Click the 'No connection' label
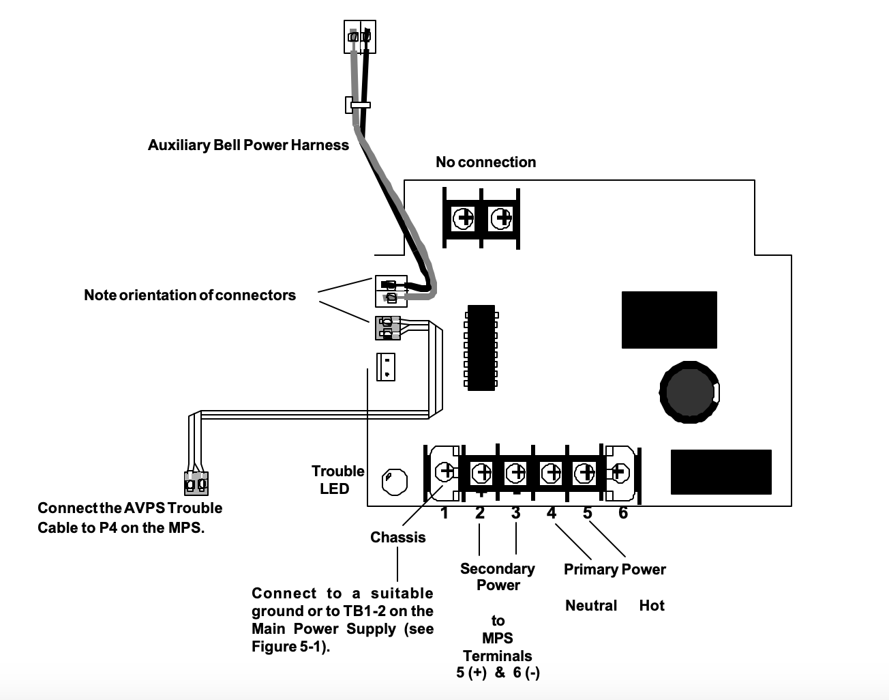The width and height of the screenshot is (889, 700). click(x=485, y=162)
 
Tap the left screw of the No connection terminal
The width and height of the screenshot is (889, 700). click(x=464, y=218)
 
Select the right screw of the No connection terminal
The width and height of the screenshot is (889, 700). click(x=502, y=218)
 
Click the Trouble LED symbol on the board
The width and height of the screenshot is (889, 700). click(x=394, y=481)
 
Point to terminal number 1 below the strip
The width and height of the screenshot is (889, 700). click(x=444, y=513)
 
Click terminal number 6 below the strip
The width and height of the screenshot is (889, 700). click(x=622, y=513)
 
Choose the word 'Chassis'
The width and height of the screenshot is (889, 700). click(x=397, y=538)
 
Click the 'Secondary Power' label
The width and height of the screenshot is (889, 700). click(x=498, y=577)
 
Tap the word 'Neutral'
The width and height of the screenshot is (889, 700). click(x=590, y=606)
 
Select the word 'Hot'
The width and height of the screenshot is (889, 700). click(x=652, y=606)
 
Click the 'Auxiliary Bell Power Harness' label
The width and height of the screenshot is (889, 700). click(x=248, y=145)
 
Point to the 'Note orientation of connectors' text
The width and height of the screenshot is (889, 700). click(x=190, y=295)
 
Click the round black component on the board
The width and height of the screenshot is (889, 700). click(x=689, y=392)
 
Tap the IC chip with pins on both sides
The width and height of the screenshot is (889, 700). click(x=481, y=347)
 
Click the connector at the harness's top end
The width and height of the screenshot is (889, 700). click(x=359, y=37)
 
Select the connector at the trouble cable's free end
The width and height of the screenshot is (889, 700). click(x=196, y=483)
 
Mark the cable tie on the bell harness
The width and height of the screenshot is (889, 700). click(x=357, y=105)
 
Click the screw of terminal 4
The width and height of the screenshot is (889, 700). click(x=551, y=471)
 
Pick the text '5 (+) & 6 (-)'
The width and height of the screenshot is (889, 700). click(x=498, y=673)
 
